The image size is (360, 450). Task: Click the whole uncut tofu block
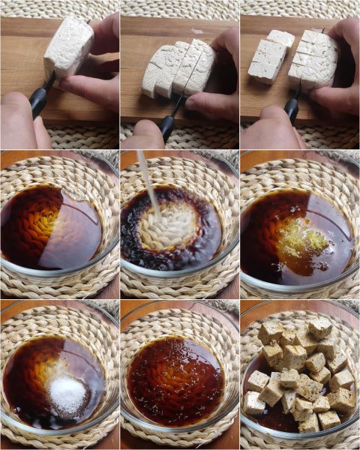click(x=68, y=46)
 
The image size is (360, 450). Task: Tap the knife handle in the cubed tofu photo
click(x=292, y=109)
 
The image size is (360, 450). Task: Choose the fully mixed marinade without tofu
click(x=175, y=379)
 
